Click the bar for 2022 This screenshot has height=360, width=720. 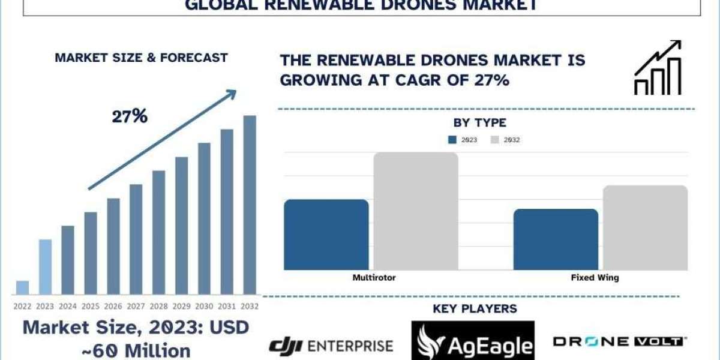(22, 287)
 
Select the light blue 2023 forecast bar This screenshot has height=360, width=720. (45, 267)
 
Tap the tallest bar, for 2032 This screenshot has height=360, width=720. (250, 205)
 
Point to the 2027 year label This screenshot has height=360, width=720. (136, 306)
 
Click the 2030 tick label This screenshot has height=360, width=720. (204, 306)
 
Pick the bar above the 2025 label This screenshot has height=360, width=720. (91, 253)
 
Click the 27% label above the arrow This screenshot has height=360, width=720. (130, 116)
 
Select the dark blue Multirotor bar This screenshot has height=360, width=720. (326, 234)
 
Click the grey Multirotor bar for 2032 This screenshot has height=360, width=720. (416, 211)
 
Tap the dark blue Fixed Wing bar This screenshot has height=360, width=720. (556, 239)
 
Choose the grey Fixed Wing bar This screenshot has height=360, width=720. (645, 227)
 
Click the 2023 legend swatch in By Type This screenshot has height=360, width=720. (452, 140)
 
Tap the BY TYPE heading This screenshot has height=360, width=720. (479, 123)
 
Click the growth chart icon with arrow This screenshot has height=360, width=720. (658, 68)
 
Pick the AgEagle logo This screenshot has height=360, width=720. (473, 341)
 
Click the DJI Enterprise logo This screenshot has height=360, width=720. (331, 345)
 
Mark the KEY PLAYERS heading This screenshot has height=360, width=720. (475, 309)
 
